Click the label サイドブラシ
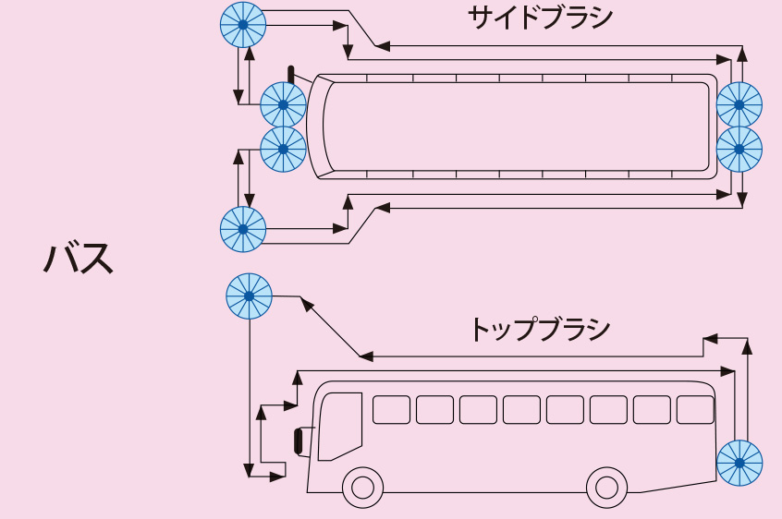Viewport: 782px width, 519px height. coord(540,17)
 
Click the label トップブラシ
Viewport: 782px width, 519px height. coord(540,330)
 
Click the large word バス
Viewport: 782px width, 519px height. coord(79,259)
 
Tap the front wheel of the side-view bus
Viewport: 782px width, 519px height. coord(362,486)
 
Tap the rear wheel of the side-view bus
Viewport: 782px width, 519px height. coord(606,486)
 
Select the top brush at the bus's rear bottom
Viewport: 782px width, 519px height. coord(739,462)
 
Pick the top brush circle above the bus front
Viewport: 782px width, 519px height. coord(249,296)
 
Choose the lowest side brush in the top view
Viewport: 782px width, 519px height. coord(243,228)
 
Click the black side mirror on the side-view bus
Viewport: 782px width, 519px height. coord(299,441)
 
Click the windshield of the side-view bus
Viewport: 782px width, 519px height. coord(339,426)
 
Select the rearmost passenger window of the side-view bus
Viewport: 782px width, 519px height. coord(695,409)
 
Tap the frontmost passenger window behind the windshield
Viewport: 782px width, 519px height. coord(391,409)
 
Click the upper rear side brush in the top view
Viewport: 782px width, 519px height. coord(739,103)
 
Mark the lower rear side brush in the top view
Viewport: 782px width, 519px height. coord(739,148)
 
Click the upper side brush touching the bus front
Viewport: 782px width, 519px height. coord(283,104)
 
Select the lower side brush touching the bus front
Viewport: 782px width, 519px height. coord(283,149)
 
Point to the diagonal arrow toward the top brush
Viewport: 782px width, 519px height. coord(331,327)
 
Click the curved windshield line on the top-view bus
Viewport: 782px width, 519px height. coord(324,127)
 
